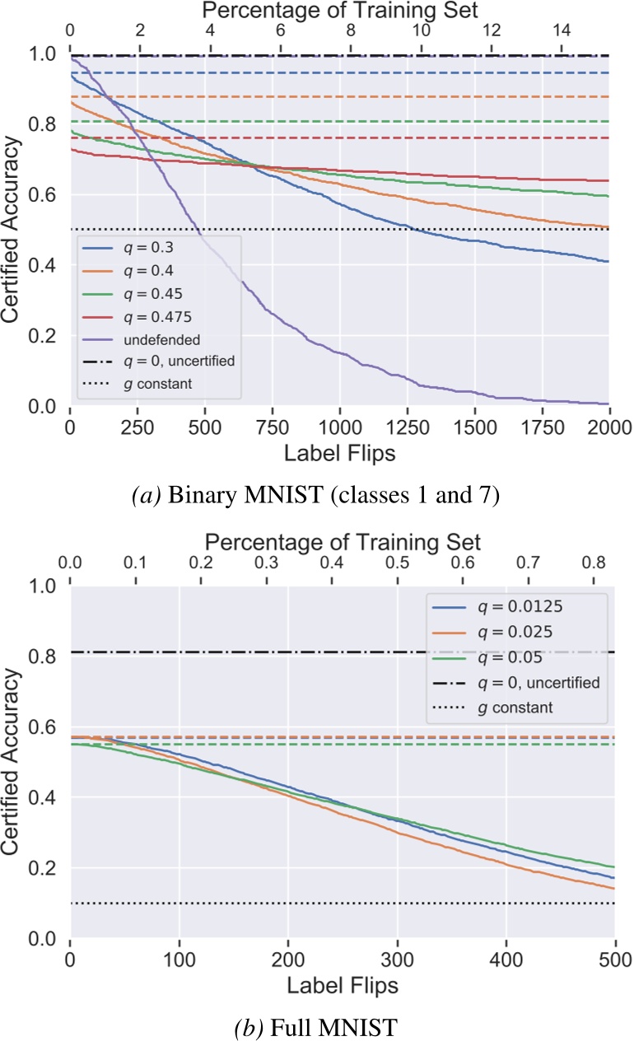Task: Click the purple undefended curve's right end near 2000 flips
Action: coord(606,404)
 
